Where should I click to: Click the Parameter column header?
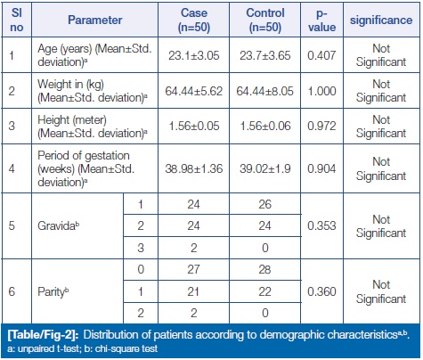click(95, 20)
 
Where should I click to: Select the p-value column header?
click(321, 20)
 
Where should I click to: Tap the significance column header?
click(381, 20)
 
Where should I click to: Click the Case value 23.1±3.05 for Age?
click(194, 55)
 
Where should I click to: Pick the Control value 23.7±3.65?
click(265, 55)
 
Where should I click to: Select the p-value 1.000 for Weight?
click(321, 91)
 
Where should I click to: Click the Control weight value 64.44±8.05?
click(264, 91)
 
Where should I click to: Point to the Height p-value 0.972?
click(321, 126)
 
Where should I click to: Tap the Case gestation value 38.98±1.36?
click(194, 168)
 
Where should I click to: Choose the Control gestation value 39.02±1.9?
click(265, 168)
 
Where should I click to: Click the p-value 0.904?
click(321, 168)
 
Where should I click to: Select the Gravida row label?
click(59, 225)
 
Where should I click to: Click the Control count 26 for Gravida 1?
click(264, 204)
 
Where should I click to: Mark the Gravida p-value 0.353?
click(321, 225)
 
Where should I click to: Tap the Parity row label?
click(53, 292)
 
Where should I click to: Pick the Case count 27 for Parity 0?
click(193, 269)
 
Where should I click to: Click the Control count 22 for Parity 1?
click(264, 291)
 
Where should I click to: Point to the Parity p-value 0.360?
click(321, 291)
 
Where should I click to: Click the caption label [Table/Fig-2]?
click(44, 335)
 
